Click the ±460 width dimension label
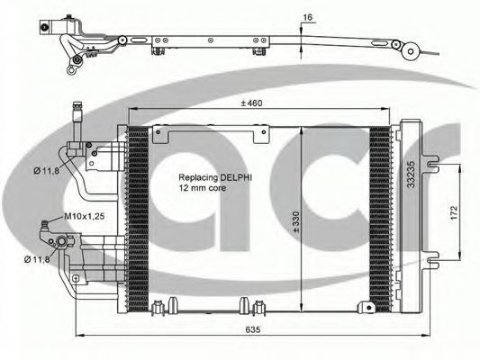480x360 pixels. [251, 103]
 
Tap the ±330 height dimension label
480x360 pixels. [296, 222]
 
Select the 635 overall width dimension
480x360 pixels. [253, 329]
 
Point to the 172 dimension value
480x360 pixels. [454, 212]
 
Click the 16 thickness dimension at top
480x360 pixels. [308, 17]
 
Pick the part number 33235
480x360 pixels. [411, 175]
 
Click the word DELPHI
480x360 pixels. [236, 177]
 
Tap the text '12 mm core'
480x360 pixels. [203, 188]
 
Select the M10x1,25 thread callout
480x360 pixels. [84, 216]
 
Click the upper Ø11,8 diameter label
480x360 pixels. [46, 171]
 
